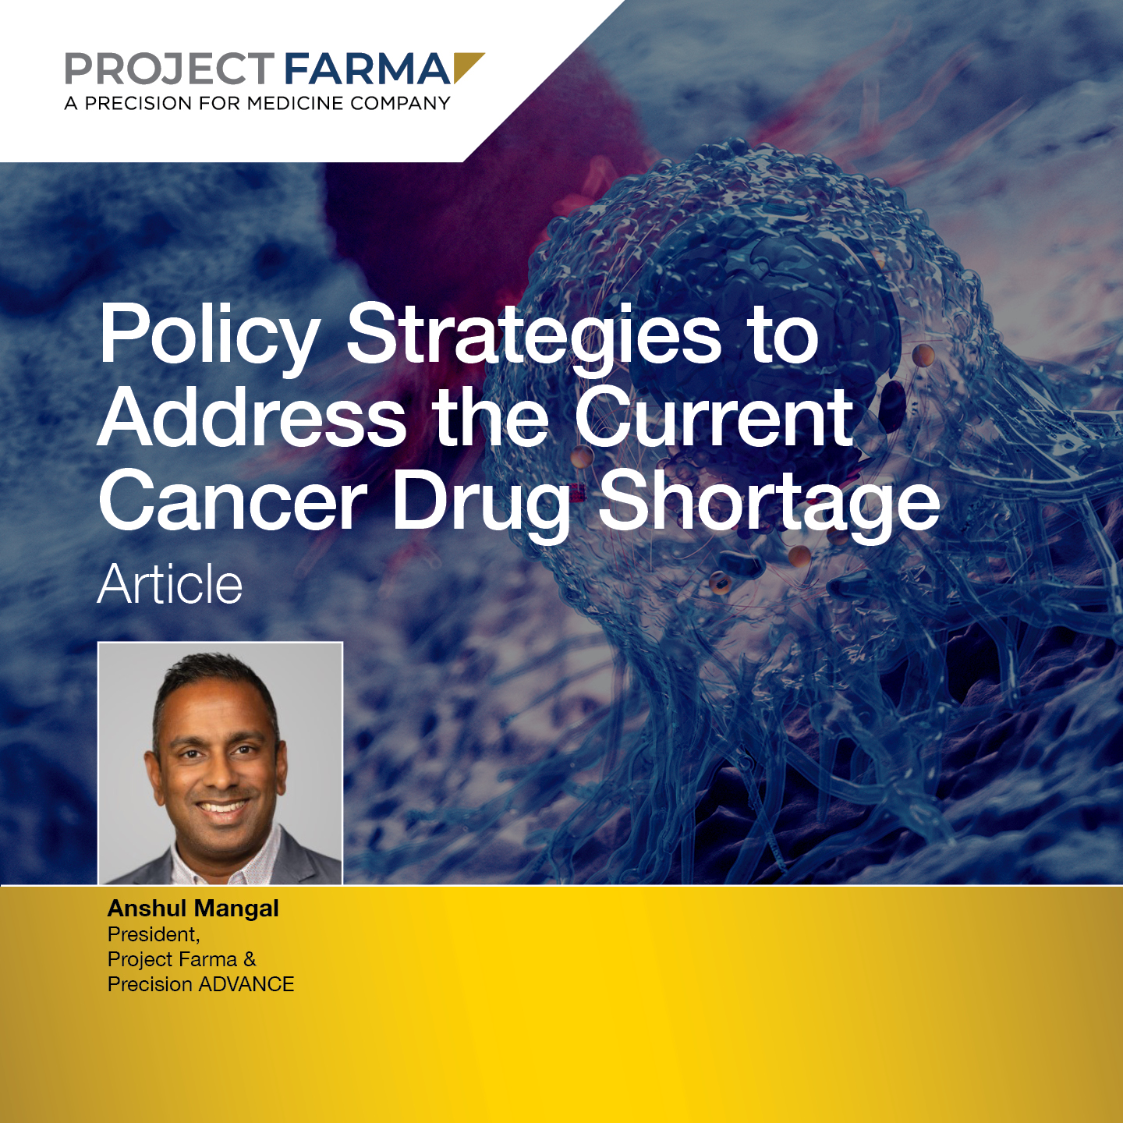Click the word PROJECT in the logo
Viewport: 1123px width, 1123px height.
pyautogui.click(x=169, y=69)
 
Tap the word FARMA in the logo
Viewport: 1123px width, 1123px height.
pyautogui.click(x=367, y=69)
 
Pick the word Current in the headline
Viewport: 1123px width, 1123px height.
pyautogui.click(x=714, y=416)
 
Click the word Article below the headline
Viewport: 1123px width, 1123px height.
pyautogui.click(x=169, y=585)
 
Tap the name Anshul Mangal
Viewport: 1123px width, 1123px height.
pyautogui.click(x=193, y=908)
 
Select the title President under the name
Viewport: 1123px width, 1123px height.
pyautogui.click(x=154, y=935)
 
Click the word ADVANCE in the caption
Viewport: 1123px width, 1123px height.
pyautogui.click(x=246, y=984)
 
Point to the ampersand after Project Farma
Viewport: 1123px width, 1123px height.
pyautogui.click(x=250, y=959)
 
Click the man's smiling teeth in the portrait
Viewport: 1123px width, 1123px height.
pyautogui.click(x=223, y=808)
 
